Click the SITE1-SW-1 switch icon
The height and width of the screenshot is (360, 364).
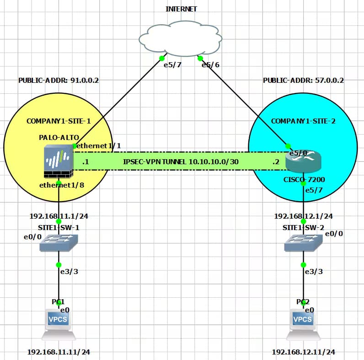(x=59, y=242)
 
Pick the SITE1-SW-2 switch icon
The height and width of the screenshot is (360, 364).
(x=303, y=242)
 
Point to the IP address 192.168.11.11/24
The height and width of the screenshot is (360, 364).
(x=58, y=352)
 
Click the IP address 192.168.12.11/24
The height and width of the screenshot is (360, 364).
(x=303, y=352)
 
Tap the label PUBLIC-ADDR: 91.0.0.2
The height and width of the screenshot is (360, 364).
(x=59, y=80)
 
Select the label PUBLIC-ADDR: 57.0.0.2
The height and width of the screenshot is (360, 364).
(x=303, y=80)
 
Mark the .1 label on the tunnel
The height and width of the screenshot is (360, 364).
(x=85, y=162)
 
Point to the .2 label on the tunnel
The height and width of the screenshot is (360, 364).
(x=275, y=162)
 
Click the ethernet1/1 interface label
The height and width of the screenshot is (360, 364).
(x=100, y=145)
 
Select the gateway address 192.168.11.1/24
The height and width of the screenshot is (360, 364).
(x=59, y=216)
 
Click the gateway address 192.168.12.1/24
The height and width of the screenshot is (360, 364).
(x=303, y=216)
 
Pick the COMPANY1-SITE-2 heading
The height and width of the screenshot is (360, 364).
(x=303, y=121)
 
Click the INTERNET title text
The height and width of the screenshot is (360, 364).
(x=181, y=9)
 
